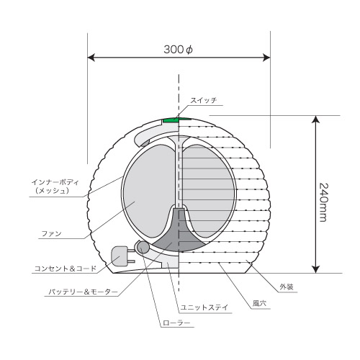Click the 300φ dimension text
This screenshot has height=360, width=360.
coord(179,50)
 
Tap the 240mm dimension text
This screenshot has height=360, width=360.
coord(324,203)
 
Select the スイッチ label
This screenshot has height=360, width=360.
coord(204,100)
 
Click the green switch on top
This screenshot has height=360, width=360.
coord(176,120)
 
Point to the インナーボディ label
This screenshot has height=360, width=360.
coord(55,182)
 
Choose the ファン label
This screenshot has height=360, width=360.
coord(52,233)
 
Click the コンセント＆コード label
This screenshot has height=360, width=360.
coord(66,269)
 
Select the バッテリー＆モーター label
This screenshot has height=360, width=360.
coord(84,292)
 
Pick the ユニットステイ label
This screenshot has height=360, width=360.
coord(204,307)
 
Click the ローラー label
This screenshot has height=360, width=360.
coord(176,323)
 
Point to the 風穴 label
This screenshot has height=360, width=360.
coord(259,303)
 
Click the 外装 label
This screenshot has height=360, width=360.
coord(287,287)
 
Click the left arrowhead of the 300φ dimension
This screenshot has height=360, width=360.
coord(91,58)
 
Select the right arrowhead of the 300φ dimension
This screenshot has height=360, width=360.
coord(266,58)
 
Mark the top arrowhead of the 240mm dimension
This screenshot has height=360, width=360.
coord(316,120)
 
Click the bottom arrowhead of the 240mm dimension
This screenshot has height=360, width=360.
coord(316,269)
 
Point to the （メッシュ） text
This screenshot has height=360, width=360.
coord(52,191)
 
